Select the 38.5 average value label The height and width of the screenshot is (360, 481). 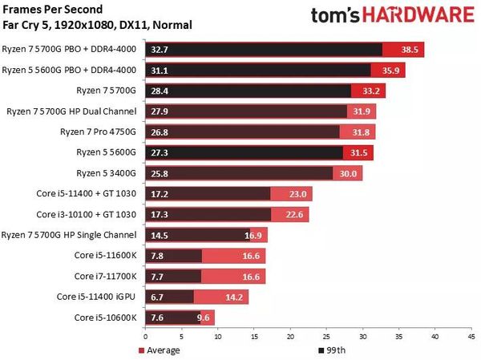coord(410,50)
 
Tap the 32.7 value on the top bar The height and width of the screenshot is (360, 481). coord(160,50)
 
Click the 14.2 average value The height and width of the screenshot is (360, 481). coord(235,297)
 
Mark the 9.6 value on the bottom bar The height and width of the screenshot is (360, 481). coord(203,317)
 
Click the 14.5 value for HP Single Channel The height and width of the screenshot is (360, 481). coord(160,235)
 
